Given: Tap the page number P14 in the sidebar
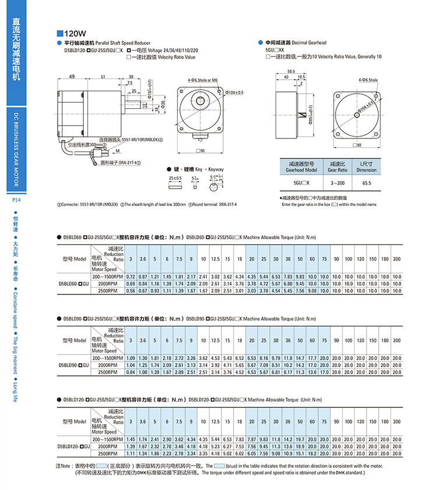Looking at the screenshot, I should (x=16, y=200).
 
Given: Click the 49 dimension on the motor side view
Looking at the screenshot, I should (x=71, y=77).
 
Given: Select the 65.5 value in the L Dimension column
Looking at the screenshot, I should (x=366, y=183).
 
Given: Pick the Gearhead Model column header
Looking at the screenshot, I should (x=303, y=167).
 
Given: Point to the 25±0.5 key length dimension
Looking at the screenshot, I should (x=175, y=178).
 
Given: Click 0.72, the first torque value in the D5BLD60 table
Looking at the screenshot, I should (x=131, y=276).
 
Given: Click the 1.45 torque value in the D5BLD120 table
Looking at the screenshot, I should (x=131, y=438).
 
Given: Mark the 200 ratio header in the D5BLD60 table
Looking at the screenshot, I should (x=397, y=258).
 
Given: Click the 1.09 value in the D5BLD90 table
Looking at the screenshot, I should (x=131, y=357).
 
